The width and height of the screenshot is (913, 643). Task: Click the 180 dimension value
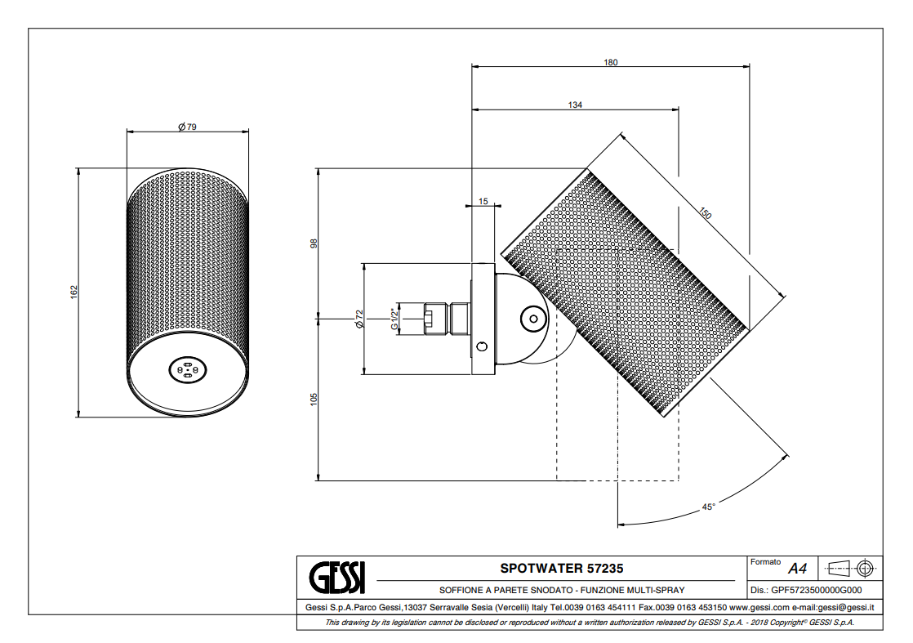click(611, 62)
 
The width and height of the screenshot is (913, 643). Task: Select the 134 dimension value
click(575, 105)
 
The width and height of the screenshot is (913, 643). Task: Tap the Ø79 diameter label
click(188, 126)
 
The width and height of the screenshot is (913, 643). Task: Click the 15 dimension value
click(483, 201)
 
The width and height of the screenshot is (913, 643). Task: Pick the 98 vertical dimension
click(314, 243)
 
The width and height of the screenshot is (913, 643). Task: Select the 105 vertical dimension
click(314, 399)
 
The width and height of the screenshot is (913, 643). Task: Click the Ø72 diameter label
click(359, 319)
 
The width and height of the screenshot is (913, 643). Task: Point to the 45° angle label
click(709, 507)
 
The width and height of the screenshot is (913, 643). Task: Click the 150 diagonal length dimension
click(705, 213)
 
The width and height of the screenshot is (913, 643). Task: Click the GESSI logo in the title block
click(337, 577)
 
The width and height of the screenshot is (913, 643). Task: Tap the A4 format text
click(797, 569)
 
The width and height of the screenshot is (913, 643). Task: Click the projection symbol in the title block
click(851, 567)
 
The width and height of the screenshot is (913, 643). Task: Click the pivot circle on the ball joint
click(532, 318)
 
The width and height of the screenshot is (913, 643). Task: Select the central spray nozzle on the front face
click(187, 370)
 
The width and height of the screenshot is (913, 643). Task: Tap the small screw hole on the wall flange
click(482, 347)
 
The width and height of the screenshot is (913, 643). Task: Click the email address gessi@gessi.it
click(845, 608)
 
